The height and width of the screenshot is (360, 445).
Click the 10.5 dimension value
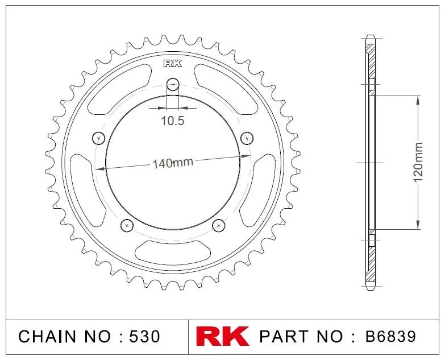(173, 121)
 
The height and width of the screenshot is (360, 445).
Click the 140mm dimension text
(173, 163)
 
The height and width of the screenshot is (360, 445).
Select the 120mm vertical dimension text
(418, 163)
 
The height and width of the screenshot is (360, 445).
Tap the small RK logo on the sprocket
(173, 64)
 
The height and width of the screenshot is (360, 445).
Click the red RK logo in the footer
(222, 336)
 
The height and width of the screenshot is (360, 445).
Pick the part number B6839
(390, 337)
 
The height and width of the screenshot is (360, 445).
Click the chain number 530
(144, 337)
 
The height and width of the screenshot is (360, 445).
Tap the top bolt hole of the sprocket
(173, 84)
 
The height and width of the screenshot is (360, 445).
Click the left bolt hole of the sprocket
(99, 138)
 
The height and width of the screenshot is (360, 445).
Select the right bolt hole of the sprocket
(247, 138)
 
